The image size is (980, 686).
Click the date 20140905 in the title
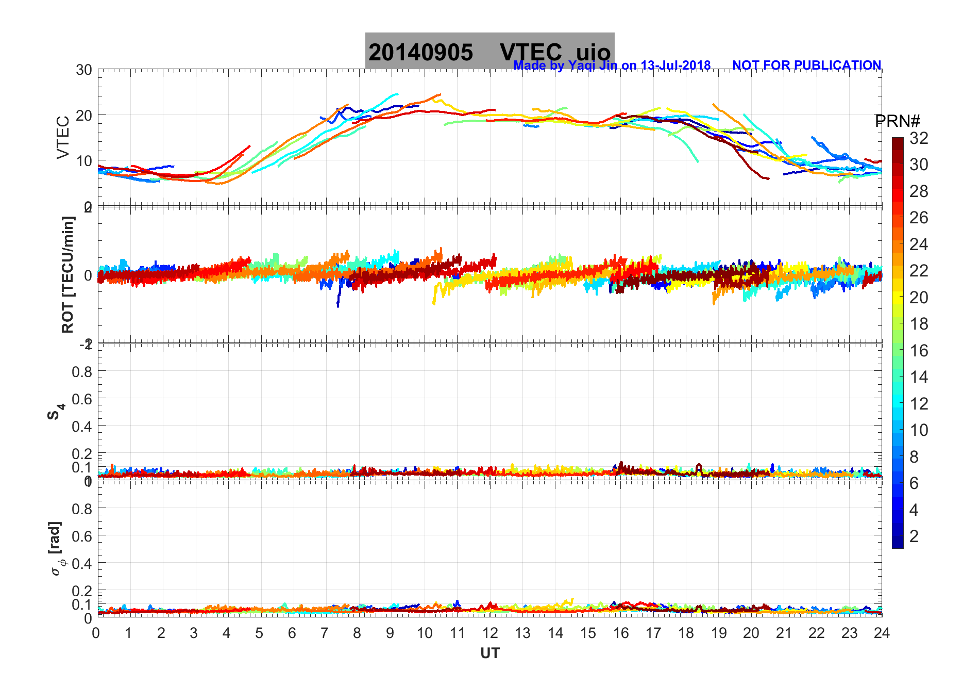420,53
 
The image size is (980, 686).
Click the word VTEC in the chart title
531,53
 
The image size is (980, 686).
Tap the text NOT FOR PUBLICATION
806,66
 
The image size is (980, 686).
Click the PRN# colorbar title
898,121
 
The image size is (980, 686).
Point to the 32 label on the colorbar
919,138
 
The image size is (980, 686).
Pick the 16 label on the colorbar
919,351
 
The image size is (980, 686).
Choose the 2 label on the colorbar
914,536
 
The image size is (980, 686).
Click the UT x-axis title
490,654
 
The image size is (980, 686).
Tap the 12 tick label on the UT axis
490,633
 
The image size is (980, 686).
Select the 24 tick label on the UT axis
882,633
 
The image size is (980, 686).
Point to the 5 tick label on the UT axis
259,633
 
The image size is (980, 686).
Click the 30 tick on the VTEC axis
84,70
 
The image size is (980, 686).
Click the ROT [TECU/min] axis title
67,274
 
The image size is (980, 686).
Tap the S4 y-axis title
56,412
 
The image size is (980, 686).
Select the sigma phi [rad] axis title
57,549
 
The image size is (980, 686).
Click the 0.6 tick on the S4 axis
82,399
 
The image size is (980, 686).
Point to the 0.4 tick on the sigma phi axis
82,563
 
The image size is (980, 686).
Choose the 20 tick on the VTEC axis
84,116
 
